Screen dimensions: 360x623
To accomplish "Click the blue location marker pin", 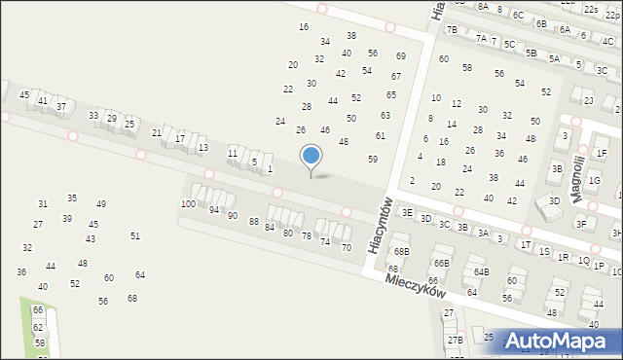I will (x=311, y=158).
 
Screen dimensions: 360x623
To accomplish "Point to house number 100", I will (x=188, y=203).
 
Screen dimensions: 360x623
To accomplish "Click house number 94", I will (x=214, y=209).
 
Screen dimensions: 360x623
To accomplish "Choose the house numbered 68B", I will (x=402, y=251).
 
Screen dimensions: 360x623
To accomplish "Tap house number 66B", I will (x=441, y=263).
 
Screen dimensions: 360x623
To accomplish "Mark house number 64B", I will (x=481, y=271).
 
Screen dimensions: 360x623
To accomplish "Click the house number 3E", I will (x=407, y=211).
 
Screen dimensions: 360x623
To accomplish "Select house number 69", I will (x=400, y=56).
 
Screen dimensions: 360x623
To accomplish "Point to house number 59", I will (x=372, y=159).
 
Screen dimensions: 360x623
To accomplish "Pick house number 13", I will (x=202, y=147).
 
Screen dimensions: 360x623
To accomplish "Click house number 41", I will (x=42, y=100).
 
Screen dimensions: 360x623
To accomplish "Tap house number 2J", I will (x=588, y=100).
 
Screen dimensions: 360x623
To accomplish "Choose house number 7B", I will (x=452, y=29).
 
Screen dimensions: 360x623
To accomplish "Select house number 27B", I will (x=456, y=340).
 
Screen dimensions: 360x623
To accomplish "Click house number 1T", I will (x=526, y=244).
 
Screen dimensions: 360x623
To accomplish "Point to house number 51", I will (x=135, y=235).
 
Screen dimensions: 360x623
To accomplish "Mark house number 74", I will (x=325, y=241).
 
